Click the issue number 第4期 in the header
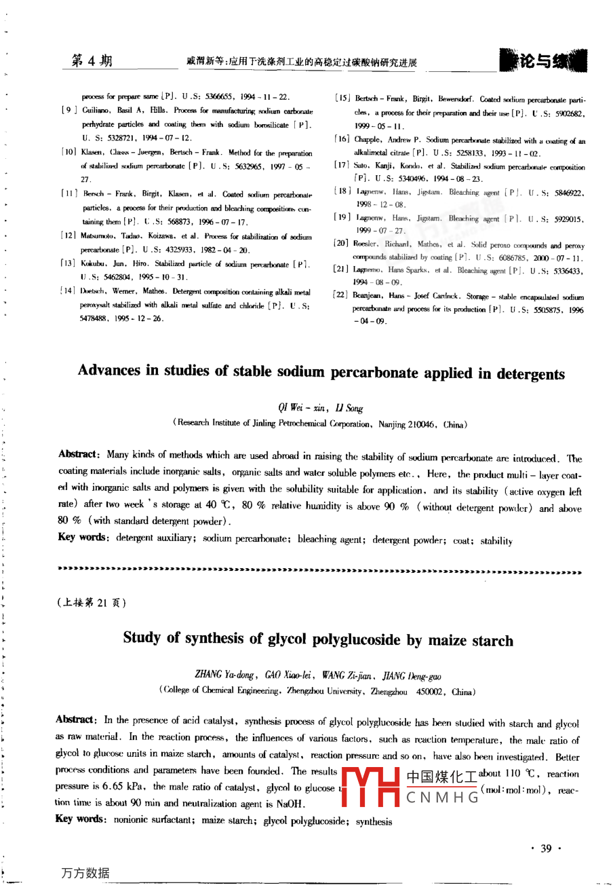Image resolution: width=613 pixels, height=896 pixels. point(92,61)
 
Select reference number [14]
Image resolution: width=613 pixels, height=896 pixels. point(68,291)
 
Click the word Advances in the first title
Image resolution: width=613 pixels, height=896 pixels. point(109,371)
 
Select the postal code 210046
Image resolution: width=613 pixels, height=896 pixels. point(424,425)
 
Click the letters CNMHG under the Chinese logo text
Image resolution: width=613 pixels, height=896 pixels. point(442,798)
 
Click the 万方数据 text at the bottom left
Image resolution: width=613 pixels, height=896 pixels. point(85,873)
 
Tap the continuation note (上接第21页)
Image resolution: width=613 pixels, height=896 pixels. point(92,602)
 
